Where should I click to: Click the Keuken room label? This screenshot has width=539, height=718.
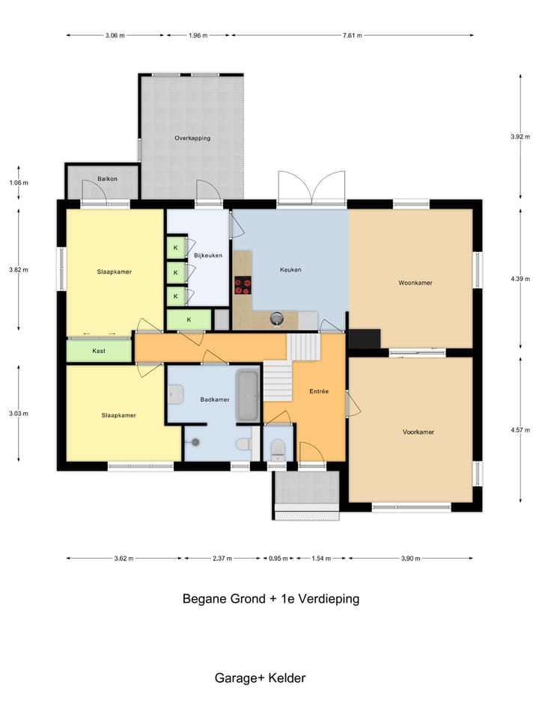pyautogui.click(x=290, y=270)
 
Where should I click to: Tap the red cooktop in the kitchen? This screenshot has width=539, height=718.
pyautogui.click(x=243, y=286)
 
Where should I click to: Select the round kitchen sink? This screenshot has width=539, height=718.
pyautogui.click(x=277, y=318)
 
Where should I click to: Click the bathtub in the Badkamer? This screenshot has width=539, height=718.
pyautogui.click(x=248, y=396)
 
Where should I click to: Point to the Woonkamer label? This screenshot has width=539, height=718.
pyautogui.click(x=415, y=283)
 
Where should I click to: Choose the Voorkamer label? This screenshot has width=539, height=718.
pyautogui.click(x=418, y=432)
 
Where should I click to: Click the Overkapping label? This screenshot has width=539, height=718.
pyautogui.click(x=192, y=138)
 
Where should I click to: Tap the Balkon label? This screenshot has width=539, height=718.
pyautogui.click(x=107, y=179)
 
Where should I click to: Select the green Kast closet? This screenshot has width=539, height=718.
pyautogui.click(x=99, y=351)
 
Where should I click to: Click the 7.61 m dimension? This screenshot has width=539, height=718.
pyautogui.click(x=352, y=35)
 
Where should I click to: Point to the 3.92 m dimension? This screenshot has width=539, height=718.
pyautogui.click(x=520, y=136)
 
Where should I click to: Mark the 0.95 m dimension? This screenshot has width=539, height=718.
pyautogui.click(x=278, y=558)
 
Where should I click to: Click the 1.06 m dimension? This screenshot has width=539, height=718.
pyautogui.click(x=18, y=182)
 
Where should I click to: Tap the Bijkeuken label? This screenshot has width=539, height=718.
pyautogui.click(x=208, y=256)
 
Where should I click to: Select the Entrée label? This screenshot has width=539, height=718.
pyautogui.click(x=319, y=391)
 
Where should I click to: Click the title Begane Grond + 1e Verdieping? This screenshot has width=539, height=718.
pyautogui.click(x=271, y=598)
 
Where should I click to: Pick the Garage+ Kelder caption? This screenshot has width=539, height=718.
pyautogui.click(x=260, y=678)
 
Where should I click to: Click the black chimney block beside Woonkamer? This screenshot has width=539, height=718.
pyautogui.click(x=365, y=339)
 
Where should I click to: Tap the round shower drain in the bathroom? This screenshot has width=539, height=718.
pyautogui.click(x=195, y=442)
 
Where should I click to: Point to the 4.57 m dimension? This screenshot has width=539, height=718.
pyautogui.click(x=520, y=430)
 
